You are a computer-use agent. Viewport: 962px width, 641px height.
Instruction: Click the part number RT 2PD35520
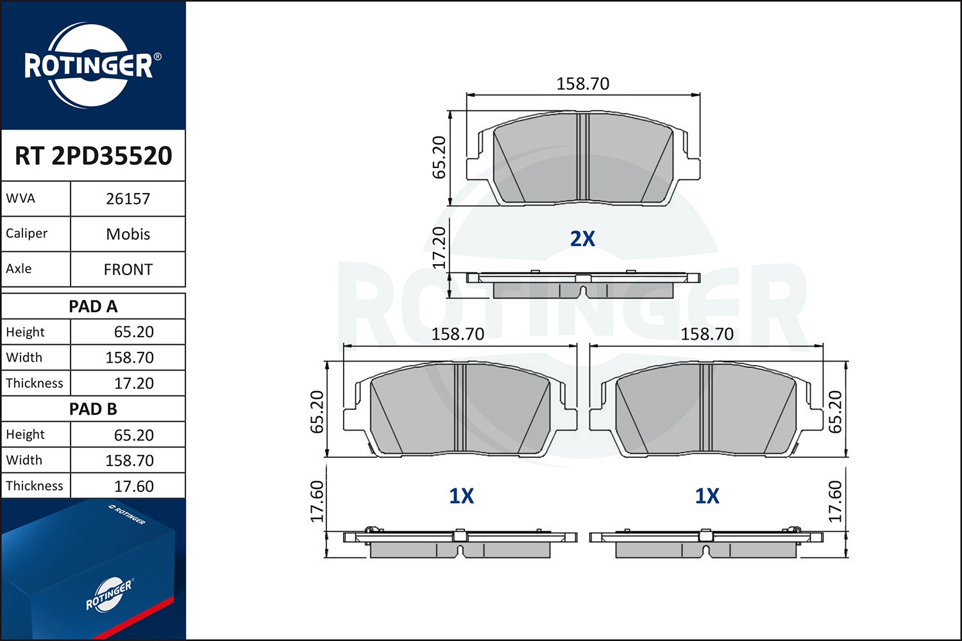[93, 155]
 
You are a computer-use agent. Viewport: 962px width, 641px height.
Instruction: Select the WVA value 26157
[128, 199]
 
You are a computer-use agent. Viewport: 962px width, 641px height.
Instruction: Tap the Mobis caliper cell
[128, 234]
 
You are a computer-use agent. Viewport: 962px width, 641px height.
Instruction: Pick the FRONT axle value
[128, 270]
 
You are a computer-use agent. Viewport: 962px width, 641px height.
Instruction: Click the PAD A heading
[93, 306]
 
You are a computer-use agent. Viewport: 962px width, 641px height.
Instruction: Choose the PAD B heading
[93, 409]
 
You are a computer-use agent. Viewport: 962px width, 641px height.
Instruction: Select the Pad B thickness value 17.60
[133, 486]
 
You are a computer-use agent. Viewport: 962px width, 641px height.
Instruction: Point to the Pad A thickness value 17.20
[133, 383]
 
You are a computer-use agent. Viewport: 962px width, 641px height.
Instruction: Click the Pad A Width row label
[24, 357]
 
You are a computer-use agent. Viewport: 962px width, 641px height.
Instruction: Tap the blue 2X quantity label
[582, 238]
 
